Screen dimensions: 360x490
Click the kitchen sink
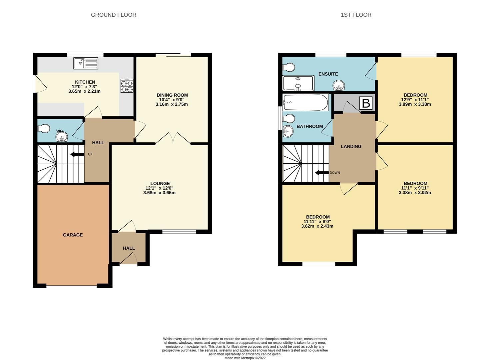tap(86, 63)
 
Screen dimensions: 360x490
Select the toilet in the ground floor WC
tap(44, 128)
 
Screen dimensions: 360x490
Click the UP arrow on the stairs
tap(77, 154)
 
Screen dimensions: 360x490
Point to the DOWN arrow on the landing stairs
tap(322, 173)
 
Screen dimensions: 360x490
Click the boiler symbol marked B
tap(366, 103)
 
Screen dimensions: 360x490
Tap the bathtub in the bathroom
tap(305, 102)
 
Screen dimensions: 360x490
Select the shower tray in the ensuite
tap(298, 83)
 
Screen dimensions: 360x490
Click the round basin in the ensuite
tap(339, 86)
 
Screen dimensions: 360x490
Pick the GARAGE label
tap(73, 235)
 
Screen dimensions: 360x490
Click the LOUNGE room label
tap(160, 183)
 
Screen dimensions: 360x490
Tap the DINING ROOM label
tap(172, 95)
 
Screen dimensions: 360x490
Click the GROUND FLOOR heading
tap(114, 15)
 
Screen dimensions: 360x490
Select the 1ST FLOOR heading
tap(356, 15)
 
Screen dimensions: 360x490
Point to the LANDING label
tap(351, 146)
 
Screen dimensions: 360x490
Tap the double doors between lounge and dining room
tap(173, 138)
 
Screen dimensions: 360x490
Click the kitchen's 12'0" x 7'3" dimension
tap(85, 87)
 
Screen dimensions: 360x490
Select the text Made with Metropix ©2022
tap(245, 358)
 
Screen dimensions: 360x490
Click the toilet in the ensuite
tap(288, 67)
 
